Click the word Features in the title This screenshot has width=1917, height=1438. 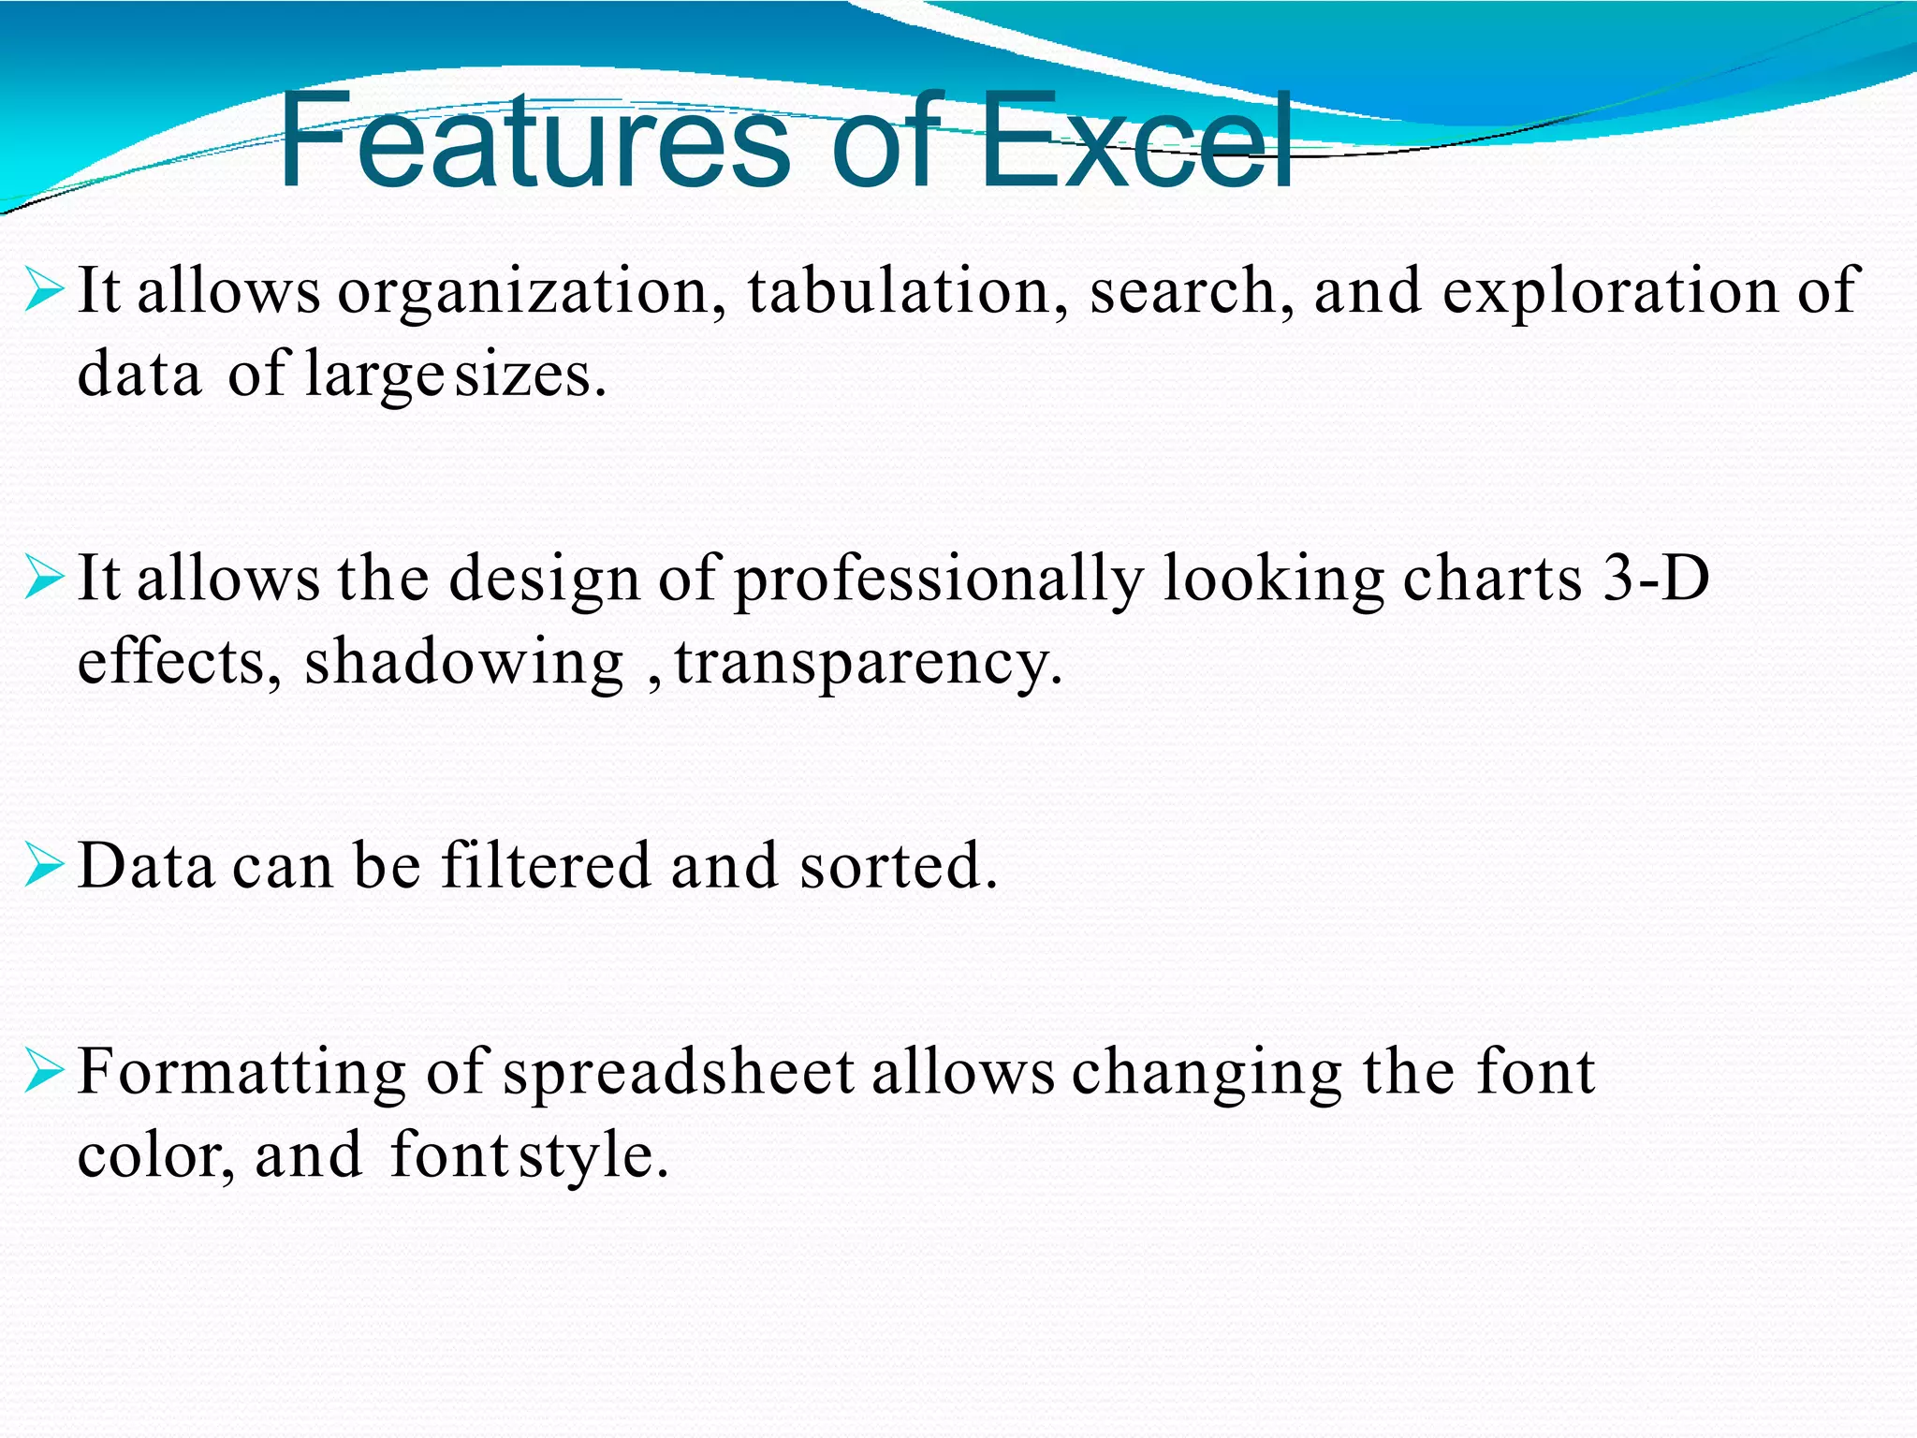(534, 142)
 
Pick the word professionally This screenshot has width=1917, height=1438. (938, 580)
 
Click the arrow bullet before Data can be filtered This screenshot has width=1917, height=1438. (43, 865)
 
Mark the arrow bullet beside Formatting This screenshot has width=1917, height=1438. (43, 1071)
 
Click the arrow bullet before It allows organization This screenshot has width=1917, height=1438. (43, 289)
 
